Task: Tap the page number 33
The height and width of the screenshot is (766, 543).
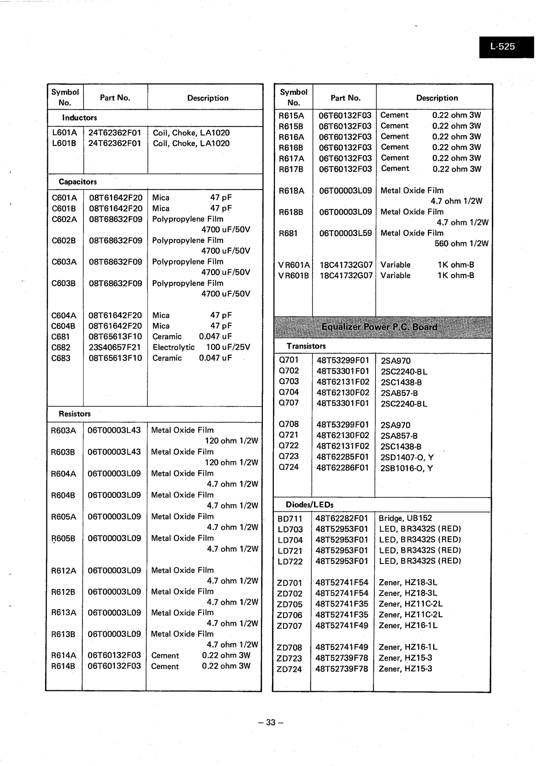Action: (271, 722)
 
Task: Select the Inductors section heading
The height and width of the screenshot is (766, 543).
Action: (79, 118)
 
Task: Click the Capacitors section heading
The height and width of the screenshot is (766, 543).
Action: (78, 182)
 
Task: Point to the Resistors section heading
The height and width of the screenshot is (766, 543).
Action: (75, 414)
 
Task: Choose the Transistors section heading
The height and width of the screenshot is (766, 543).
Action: (306, 346)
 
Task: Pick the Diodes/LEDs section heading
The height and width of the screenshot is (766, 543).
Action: (309, 505)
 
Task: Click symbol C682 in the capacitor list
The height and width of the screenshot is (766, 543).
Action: (61, 348)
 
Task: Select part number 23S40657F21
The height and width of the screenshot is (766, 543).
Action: (115, 348)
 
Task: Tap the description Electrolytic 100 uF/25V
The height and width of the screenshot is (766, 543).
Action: (201, 348)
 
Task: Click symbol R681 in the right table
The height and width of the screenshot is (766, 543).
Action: (288, 234)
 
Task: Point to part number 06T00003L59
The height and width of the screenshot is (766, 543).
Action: (345, 234)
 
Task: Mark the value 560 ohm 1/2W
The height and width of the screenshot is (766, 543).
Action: (461, 244)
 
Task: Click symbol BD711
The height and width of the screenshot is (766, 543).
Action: (290, 518)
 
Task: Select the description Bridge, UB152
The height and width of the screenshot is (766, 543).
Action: (405, 518)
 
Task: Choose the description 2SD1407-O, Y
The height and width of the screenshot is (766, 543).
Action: (407, 457)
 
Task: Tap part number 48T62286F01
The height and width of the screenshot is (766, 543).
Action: (343, 468)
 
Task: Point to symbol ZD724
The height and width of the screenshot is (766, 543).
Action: (289, 669)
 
